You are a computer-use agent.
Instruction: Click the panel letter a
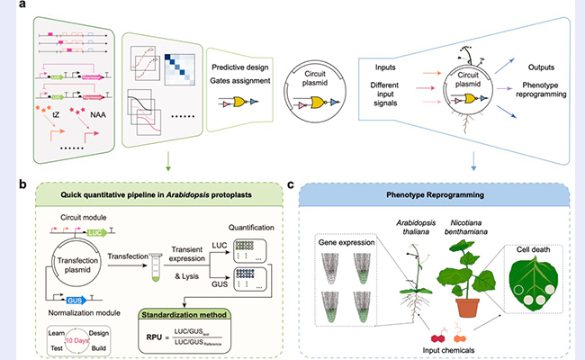click(22, 10)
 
